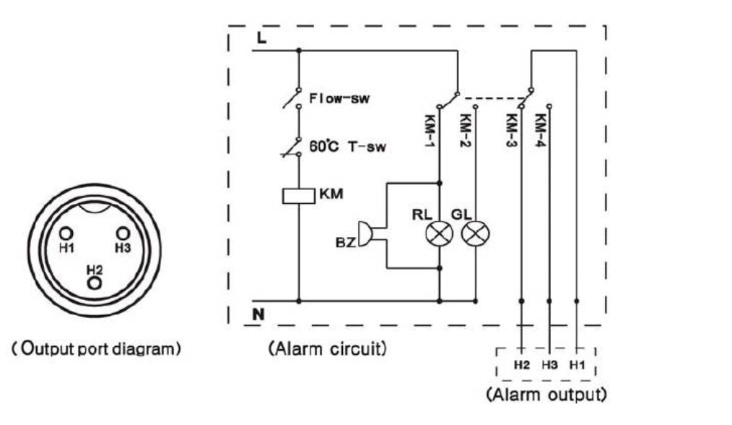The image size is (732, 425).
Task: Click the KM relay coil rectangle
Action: click(x=299, y=196)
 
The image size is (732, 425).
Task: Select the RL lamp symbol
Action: click(x=440, y=233)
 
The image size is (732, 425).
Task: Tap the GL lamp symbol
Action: click(x=475, y=233)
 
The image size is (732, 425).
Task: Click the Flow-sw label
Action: click(x=339, y=98)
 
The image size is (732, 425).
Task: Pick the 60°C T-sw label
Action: click(x=348, y=146)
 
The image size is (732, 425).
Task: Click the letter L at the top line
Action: click(x=261, y=38)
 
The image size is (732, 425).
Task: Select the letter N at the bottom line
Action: click(x=258, y=314)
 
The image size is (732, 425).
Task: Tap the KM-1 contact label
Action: click(x=429, y=131)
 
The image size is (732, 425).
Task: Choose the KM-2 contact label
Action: click(x=464, y=131)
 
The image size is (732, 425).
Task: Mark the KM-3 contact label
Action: click(x=511, y=131)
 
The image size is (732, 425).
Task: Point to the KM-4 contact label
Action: click(x=540, y=131)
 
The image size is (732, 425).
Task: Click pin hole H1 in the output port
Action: click(x=66, y=233)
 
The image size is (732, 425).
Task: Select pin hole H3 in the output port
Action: click(x=122, y=233)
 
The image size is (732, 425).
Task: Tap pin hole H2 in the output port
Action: click(x=95, y=283)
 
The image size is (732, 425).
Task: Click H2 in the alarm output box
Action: click(x=521, y=365)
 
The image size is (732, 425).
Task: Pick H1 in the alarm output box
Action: click(x=578, y=365)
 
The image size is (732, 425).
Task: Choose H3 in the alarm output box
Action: click(x=549, y=365)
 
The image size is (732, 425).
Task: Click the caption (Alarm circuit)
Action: click(x=328, y=349)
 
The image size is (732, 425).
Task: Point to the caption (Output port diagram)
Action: click(x=96, y=349)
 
